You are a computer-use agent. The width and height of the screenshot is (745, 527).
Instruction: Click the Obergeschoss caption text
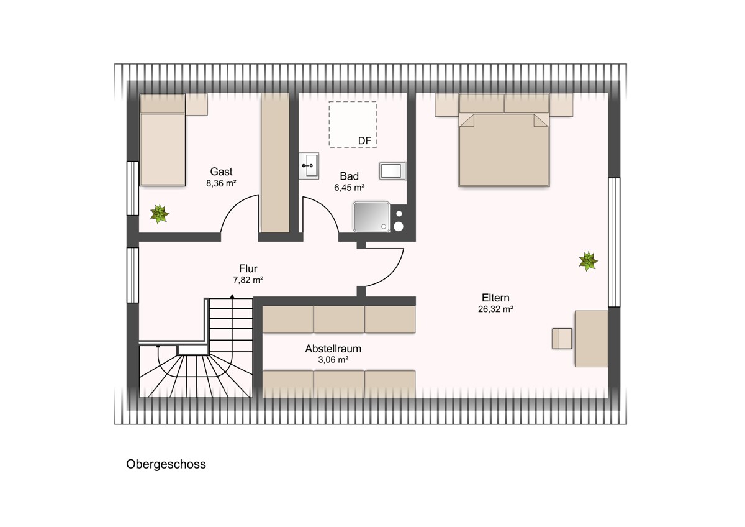pyautogui.click(x=166, y=464)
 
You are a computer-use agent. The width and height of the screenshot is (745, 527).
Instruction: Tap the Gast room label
pyautogui.click(x=221, y=172)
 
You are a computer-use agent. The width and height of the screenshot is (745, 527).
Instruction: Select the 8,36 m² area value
pyautogui.click(x=221, y=183)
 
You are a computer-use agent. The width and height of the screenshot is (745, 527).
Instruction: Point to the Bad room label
pyautogui.click(x=349, y=176)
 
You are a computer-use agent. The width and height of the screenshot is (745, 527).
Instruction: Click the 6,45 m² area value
pyautogui.click(x=349, y=188)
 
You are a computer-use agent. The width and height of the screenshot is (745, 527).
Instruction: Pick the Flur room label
pyautogui.click(x=248, y=268)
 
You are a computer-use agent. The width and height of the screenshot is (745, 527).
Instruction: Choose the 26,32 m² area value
pyautogui.click(x=495, y=309)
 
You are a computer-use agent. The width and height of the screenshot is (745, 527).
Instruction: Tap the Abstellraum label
pyautogui.click(x=333, y=349)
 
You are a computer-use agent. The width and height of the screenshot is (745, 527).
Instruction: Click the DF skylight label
pyautogui.click(x=364, y=141)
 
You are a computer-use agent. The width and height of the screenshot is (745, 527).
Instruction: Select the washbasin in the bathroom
pyautogui.click(x=309, y=166)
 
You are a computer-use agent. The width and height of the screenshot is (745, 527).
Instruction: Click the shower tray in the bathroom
pyautogui.click(x=371, y=216)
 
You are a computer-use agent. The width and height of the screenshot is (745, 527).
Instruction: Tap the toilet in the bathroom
pyautogui.click(x=393, y=171)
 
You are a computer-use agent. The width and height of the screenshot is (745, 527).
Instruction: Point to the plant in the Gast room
pyautogui.click(x=160, y=214)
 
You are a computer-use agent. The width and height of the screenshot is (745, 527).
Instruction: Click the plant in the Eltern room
pyautogui.click(x=588, y=262)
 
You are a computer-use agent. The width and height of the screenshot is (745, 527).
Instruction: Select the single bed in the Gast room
pyautogui.click(x=162, y=140)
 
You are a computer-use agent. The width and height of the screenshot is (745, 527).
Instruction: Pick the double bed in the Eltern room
pyautogui.click(x=504, y=140)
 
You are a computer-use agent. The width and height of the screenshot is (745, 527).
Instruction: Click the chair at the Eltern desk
pyautogui.click(x=562, y=339)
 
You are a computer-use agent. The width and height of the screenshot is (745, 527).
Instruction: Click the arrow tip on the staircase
pyautogui.click(x=232, y=295)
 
